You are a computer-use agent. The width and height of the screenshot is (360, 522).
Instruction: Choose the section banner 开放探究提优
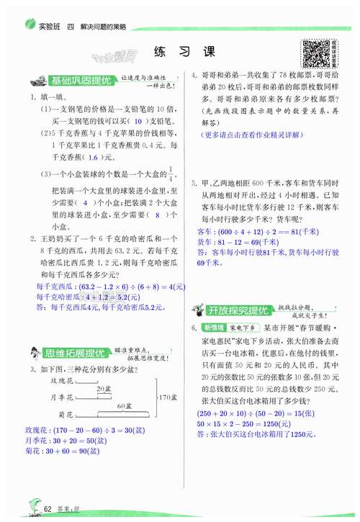(x=234, y=310)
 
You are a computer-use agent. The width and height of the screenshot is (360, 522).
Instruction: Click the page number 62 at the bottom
(x=48, y=510)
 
